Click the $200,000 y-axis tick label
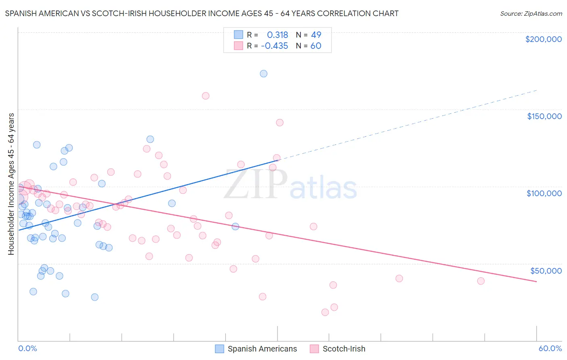(x=543, y=39)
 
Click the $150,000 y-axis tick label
(x=544, y=116)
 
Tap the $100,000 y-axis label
(x=544, y=193)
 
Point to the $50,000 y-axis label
(x=546, y=271)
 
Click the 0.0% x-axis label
(x=27, y=349)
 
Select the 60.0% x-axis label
(x=550, y=349)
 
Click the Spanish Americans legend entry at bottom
(x=256, y=349)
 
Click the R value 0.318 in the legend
(x=277, y=35)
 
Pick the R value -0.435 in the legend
(x=274, y=46)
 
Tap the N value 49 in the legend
(x=316, y=35)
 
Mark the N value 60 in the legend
(x=316, y=46)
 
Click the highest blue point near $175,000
(x=263, y=73)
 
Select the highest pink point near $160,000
(x=205, y=96)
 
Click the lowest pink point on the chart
(x=325, y=312)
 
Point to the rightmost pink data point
(x=481, y=281)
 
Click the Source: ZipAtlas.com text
(x=531, y=14)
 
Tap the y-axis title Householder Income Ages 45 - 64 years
(x=11, y=184)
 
